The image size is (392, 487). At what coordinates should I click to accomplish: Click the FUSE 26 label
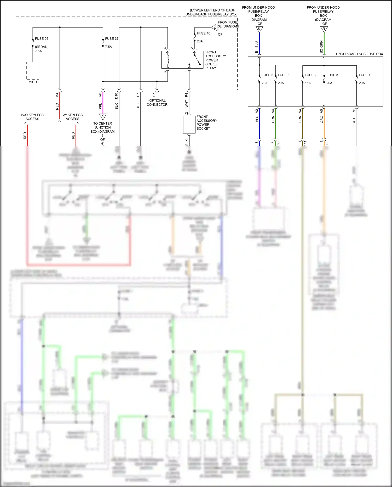coord(42,39)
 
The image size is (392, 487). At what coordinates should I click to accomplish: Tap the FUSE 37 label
coord(112,39)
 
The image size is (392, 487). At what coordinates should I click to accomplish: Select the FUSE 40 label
coord(203,33)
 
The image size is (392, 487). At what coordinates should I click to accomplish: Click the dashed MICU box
coord(33,71)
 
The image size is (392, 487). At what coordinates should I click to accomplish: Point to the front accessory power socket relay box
coord(182,60)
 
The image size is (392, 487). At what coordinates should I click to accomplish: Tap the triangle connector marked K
coord(103,116)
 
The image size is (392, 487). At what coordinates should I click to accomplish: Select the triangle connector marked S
coord(259,29)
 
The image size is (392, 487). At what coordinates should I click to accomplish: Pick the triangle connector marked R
coord(324,29)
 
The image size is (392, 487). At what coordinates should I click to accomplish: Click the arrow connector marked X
coord(215,27)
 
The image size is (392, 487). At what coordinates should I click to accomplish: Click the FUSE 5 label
coord(267,75)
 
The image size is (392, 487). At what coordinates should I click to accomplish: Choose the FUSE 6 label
coord(284,75)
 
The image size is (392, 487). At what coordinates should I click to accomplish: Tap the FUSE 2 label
coord(310,75)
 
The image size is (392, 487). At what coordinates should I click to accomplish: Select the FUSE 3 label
coord(332,75)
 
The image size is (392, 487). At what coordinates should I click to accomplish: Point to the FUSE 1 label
coord(365,75)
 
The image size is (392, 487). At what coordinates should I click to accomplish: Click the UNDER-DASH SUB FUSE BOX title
coord(359,54)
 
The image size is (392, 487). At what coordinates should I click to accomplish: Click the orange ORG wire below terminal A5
coord(324,123)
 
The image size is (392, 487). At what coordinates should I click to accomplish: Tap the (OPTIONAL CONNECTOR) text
coord(157,103)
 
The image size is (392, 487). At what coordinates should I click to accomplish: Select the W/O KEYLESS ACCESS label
coord(32,117)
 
